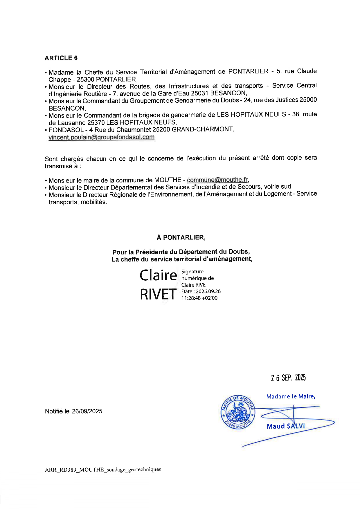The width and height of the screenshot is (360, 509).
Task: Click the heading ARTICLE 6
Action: (x=61, y=58)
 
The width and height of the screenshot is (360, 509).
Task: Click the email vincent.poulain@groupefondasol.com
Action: (x=101, y=137)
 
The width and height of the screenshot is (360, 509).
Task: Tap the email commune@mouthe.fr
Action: (x=217, y=180)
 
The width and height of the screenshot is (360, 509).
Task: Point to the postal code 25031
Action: (x=199, y=93)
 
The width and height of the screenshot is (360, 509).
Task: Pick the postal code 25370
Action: (x=96, y=122)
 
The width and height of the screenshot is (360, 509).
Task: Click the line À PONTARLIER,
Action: (x=181, y=237)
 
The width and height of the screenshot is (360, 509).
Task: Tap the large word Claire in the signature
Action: (x=158, y=275)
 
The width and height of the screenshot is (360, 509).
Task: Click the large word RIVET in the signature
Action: (x=158, y=294)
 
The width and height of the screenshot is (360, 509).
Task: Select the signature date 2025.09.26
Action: (x=208, y=291)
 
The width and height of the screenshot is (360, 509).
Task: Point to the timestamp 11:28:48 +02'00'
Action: (x=200, y=298)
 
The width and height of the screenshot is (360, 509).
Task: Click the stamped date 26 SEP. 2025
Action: (x=288, y=378)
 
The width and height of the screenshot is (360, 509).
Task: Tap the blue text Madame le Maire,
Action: (x=291, y=396)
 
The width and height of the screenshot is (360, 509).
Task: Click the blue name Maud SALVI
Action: (x=286, y=426)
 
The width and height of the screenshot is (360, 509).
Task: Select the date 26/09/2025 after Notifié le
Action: (x=87, y=411)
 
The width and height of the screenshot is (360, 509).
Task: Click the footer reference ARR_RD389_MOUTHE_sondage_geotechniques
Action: (x=103, y=470)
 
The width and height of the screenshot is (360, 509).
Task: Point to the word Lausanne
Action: (x=72, y=122)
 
